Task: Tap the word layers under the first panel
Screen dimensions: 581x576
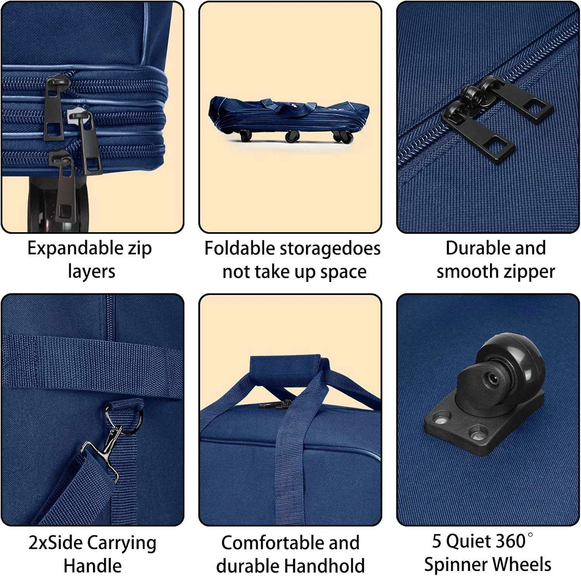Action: [x=91, y=272]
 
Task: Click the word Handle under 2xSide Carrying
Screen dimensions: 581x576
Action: [x=92, y=566]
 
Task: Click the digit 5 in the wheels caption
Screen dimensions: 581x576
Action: [x=437, y=542]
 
